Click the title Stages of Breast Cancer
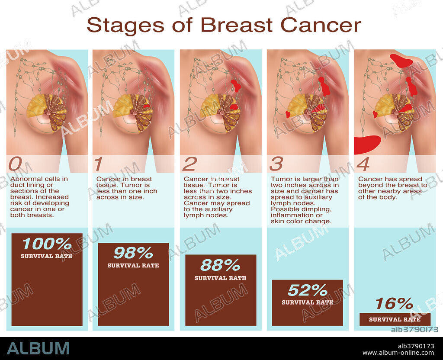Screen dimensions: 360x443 click(x=224, y=25)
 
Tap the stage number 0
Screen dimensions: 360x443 click(x=15, y=164)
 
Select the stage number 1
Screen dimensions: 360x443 click(x=99, y=164)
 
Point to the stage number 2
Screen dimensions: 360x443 click(x=189, y=164)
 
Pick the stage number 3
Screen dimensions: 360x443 click(x=276, y=164)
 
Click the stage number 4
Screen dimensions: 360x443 click(x=363, y=164)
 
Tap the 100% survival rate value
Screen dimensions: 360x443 click(x=47, y=244)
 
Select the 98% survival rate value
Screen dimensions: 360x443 click(x=133, y=253)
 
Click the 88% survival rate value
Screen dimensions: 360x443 click(x=220, y=265)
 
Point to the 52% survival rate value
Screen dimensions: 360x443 click(x=308, y=290)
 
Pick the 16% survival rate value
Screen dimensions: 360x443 click(x=394, y=304)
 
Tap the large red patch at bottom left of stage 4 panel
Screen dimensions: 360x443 click(x=367, y=145)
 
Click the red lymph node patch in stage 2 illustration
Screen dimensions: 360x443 click(x=236, y=85)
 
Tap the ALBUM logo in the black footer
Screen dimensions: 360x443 click(x=38, y=348)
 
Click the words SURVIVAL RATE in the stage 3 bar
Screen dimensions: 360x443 click(x=307, y=302)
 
